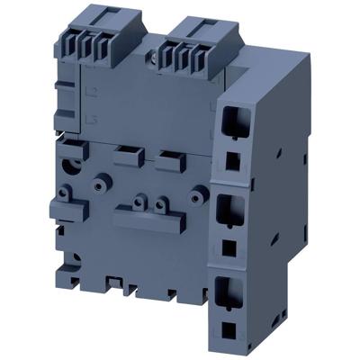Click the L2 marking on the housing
pos(87,93)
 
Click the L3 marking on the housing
pos(87,117)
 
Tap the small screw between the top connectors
pos(157,58)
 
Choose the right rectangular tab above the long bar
pos(167,164)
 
